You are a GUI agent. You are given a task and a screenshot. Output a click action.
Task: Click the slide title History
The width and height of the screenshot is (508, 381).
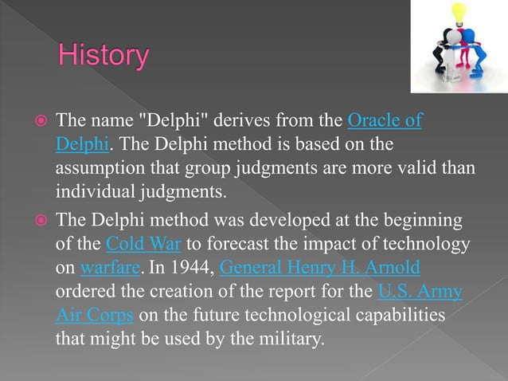[x=104, y=57]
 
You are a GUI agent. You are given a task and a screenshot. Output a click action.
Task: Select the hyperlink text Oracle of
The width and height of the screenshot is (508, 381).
[x=385, y=121]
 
